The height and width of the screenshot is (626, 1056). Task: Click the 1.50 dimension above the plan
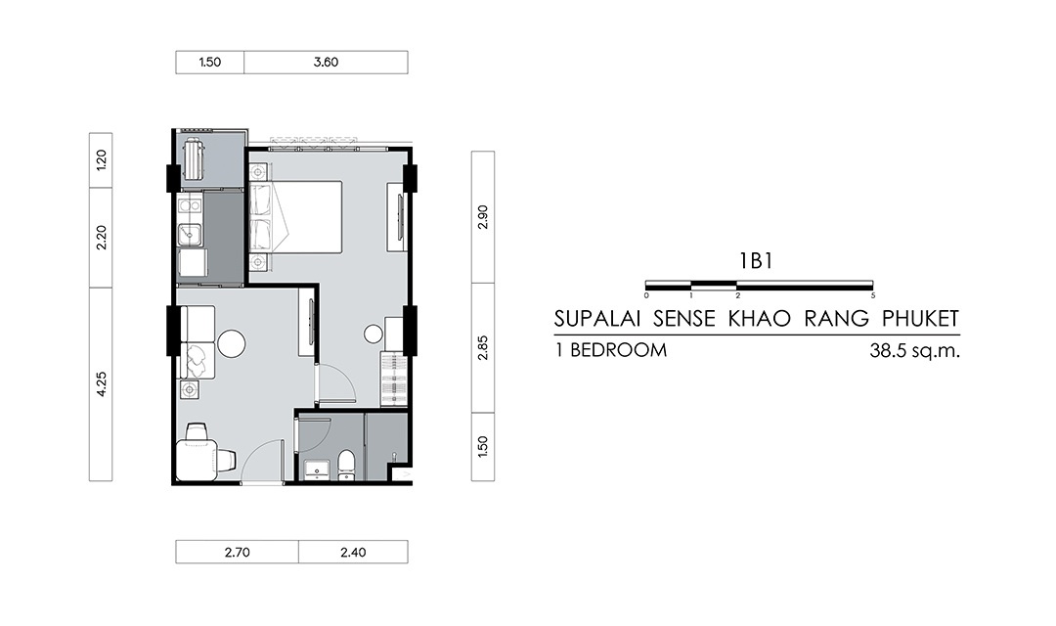tap(209, 62)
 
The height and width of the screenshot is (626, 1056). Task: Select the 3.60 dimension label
tap(326, 62)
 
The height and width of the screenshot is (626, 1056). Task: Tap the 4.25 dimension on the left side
tap(101, 384)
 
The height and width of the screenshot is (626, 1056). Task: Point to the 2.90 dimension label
tap(483, 217)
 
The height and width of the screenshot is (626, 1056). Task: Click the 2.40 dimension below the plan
tap(353, 553)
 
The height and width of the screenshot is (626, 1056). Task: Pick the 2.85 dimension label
tap(483, 347)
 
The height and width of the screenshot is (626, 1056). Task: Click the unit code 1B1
tap(756, 261)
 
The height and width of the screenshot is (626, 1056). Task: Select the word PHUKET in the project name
tap(921, 319)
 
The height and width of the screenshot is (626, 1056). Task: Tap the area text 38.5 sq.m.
tap(914, 351)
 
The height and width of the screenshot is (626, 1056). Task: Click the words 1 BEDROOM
tap(611, 351)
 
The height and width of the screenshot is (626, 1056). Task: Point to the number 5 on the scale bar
tap(873, 295)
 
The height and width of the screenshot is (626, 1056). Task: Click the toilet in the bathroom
tap(346, 465)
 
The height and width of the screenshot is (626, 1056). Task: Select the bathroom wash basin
tap(316, 469)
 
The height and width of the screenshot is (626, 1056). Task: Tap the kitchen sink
tap(191, 235)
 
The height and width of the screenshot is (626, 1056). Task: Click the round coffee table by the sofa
tap(231, 343)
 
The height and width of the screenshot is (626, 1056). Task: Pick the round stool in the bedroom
tap(374, 334)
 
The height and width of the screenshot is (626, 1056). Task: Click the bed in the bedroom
tap(295, 217)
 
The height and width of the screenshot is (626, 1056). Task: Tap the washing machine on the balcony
tap(193, 158)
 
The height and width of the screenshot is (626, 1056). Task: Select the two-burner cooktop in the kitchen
tap(190, 203)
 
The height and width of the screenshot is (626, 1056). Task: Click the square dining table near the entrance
tap(197, 461)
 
